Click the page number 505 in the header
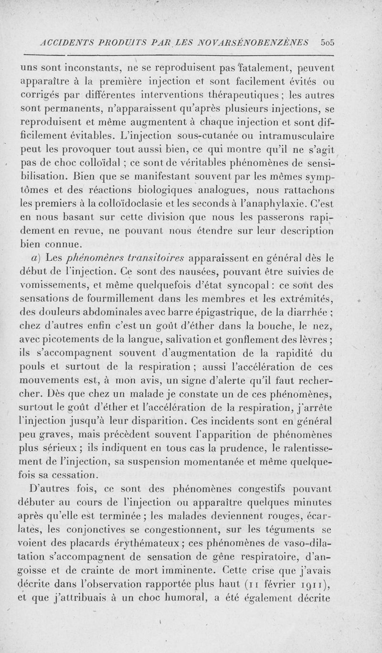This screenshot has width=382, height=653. click(329, 42)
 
